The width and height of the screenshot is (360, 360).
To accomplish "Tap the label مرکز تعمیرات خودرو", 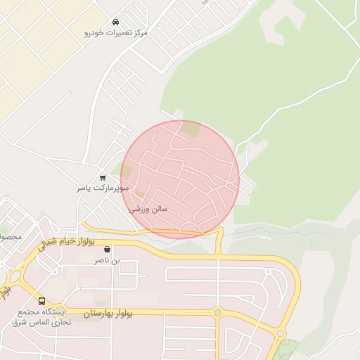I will pyautogui.click(x=116, y=33).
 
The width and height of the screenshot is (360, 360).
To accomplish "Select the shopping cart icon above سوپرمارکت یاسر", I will pyautogui.click(x=103, y=178).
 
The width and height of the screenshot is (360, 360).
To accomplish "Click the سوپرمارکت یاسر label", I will pyautogui.click(x=103, y=189).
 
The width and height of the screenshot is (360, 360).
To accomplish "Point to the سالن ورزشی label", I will pyautogui.click(x=148, y=210).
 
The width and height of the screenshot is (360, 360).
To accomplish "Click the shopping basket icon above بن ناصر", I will pyautogui.click(x=108, y=249).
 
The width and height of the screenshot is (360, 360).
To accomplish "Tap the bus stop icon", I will pyautogui.click(x=42, y=300).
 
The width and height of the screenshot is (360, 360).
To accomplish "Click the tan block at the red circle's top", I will pyautogui.click(x=190, y=129).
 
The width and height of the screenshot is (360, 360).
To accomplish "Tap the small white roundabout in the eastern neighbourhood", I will pyautogui.click(x=267, y=271).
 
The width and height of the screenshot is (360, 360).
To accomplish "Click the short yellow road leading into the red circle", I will pyautogui.click(x=219, y=242).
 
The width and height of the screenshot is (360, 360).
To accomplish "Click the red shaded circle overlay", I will pyautogui.click(x=180, y=179).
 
